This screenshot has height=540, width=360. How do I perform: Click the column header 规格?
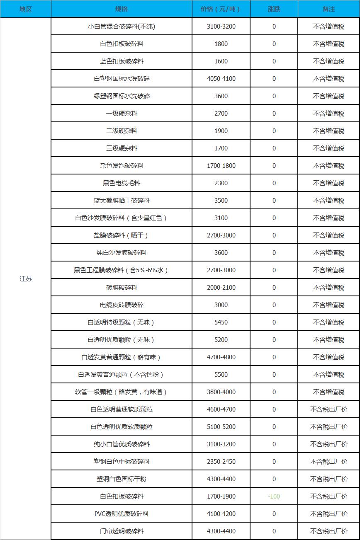pos(122,9)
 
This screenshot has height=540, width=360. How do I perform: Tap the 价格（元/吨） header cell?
pos(221,9)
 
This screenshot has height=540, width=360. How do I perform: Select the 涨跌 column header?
pos(274,9)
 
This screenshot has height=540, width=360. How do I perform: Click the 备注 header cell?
pos(328,9)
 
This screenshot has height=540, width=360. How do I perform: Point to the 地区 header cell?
pos(25,9)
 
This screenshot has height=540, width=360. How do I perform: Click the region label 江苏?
pos(25,278)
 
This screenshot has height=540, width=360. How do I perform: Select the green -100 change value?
pos(274,496)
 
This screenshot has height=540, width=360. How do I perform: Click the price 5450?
pos(221,322)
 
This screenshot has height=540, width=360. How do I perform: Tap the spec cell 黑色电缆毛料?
pos(122,183)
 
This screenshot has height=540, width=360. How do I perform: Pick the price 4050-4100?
pos(221,78)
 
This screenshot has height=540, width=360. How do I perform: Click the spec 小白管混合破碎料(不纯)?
pos(122,27)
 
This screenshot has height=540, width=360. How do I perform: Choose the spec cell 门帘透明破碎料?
pos(122,531)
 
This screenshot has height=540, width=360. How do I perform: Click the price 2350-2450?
pos(221,461)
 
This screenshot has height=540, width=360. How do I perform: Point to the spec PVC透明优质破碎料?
pos(122,513)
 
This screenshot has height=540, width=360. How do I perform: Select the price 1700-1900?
pos(221,496)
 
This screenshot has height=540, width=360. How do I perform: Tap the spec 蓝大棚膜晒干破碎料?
pos(122,200)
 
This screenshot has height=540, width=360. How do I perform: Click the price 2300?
pos(221,183)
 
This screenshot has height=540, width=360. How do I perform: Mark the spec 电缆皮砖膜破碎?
pos(122,305)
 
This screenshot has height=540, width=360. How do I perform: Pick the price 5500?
pos(221,374)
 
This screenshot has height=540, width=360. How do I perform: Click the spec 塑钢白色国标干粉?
pos(122,479)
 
